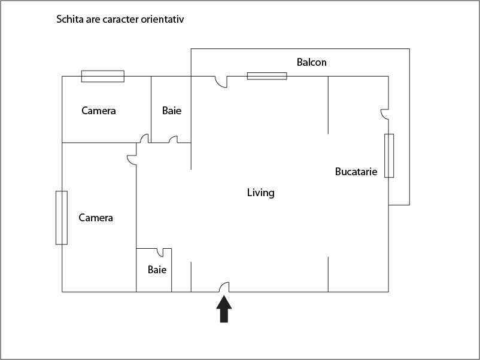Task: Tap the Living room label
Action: [260, 193]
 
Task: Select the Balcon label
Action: [312, 62]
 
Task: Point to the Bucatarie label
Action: [356, 172]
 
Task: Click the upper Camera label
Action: [99, 111]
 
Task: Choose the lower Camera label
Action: [96, 218]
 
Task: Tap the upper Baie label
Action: [172, 111]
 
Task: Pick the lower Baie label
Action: [157, 270]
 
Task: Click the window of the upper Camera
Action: [103, 76]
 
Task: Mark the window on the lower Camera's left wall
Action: [61, 217]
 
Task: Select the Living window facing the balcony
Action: [267, 76]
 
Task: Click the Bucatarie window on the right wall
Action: [389, 155]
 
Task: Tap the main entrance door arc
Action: [224, 287]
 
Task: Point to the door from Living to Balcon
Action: [221, 82]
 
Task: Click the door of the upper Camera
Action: [144, 138]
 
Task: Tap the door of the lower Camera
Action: [132, 160]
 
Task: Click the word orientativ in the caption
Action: [162, 20]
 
